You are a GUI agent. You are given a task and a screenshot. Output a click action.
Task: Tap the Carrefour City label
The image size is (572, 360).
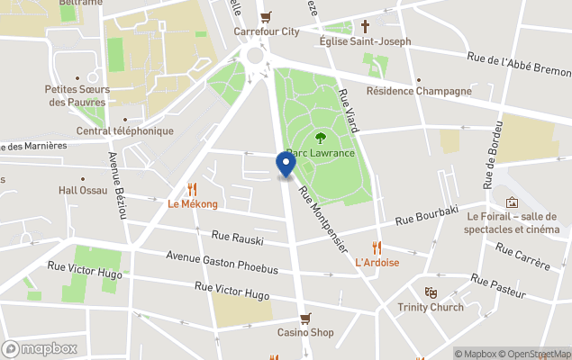click(267, 31)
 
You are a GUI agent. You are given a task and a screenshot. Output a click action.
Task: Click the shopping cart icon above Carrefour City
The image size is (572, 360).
click(266, 16)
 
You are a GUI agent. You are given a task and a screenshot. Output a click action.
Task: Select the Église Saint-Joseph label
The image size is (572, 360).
click(365, 41)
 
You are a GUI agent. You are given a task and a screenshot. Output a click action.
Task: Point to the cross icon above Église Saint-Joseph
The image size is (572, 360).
click(366, 26)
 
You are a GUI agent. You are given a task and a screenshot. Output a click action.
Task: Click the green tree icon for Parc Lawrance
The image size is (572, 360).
click(321, 138)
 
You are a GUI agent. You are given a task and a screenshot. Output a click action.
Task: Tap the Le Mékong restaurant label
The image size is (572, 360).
click(193, 204)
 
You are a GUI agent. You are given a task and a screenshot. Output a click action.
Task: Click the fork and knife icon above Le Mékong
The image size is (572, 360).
click(192, 189)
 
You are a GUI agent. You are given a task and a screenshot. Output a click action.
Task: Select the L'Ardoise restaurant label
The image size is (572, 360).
click(377, 263)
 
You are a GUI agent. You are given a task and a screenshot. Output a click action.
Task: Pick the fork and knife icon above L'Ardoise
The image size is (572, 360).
click(377, 247)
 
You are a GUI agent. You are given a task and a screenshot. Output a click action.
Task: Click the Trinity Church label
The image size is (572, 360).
click(431, 308)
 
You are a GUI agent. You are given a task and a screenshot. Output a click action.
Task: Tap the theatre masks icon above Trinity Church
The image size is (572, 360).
click(431, 292)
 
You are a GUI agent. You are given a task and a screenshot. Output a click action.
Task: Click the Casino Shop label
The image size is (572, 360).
click(305, 333)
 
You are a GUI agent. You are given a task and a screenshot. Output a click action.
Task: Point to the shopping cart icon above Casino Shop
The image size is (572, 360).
click(305, 318)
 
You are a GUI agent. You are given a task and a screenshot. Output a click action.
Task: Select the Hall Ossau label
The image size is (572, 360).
click(83, 191)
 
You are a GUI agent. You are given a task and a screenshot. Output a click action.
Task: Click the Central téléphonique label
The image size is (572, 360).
click(124, 131)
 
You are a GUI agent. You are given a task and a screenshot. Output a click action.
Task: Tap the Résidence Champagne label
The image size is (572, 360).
click(419, 91)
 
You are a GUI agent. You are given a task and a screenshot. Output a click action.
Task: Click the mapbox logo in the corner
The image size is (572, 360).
click(40, 348)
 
